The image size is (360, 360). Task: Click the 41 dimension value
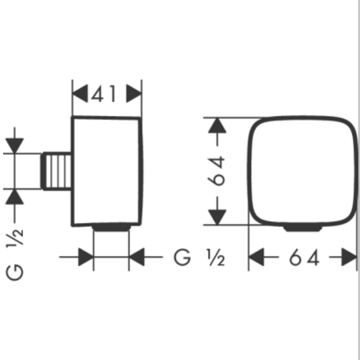[103, 94]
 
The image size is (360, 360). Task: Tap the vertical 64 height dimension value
[217, 171]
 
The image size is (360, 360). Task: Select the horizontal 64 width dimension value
[304, 257]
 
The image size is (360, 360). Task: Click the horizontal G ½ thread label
[200, 257]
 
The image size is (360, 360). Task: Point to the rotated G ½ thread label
[14, 255]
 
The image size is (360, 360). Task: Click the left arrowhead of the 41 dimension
[80, 94]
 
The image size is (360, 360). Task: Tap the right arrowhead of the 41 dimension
[134, 94]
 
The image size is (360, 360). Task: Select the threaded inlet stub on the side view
[56, 171]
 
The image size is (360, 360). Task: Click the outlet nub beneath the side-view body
[112, 228]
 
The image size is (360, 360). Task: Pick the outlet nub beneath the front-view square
[303, 228]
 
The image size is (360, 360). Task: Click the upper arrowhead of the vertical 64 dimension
[217, 125]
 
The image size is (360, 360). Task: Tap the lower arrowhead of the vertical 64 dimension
[217, 217]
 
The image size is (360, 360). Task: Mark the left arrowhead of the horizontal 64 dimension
[257, 257]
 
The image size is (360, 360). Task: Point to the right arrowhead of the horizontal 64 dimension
[349, 257]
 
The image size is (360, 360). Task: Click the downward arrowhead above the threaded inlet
[14, 146]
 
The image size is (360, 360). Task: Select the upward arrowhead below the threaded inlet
[14, 196]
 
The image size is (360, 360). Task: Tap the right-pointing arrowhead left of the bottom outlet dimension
[86, 257]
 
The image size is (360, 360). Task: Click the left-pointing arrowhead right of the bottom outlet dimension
[137, 257]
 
